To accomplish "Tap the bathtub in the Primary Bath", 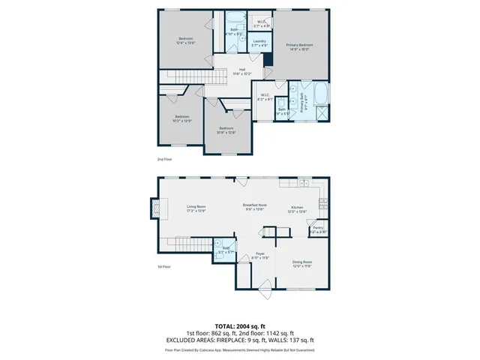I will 321,96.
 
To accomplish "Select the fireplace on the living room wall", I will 154,208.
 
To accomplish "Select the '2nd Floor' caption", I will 164,160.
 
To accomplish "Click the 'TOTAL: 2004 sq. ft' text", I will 240,326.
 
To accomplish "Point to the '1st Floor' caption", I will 163,266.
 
